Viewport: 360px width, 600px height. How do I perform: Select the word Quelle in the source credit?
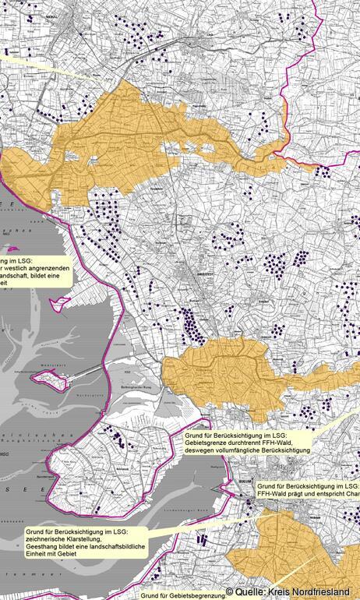(x=252, y=592)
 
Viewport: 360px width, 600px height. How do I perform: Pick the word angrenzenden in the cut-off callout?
(x=51, y=269)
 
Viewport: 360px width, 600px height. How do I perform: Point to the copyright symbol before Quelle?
(x=229, y=592)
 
